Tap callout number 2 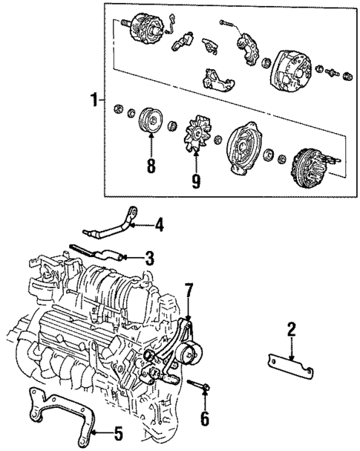[x=292, y=328]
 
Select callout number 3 [x=149, y=259]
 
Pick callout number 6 [x=204, y=419]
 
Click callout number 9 [x=196, y=181]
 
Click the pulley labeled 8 [x=151, y=121]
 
